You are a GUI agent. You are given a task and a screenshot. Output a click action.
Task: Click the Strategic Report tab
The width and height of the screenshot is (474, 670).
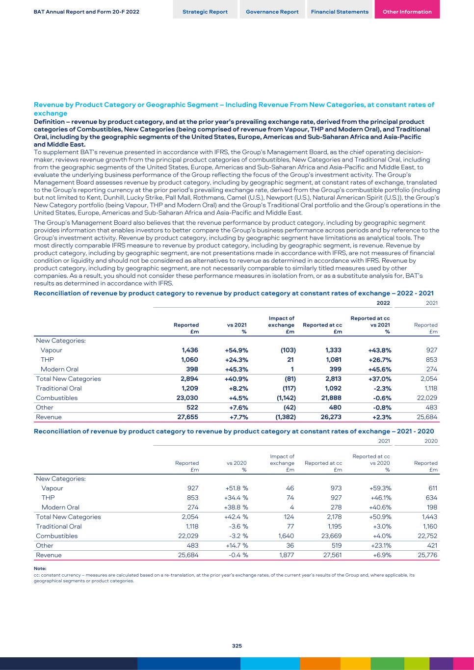205,12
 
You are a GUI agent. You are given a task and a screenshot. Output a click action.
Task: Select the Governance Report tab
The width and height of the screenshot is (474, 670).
272,12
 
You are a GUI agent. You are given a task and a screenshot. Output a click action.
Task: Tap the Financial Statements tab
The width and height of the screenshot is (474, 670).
340,12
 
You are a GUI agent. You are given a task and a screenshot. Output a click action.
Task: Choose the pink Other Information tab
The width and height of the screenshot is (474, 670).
407,12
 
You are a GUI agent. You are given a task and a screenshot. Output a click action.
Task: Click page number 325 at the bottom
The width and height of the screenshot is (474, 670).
237,646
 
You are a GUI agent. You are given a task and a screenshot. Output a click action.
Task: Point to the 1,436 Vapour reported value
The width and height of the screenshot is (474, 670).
190,350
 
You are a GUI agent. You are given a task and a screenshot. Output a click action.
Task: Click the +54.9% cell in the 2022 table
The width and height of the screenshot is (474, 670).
237,350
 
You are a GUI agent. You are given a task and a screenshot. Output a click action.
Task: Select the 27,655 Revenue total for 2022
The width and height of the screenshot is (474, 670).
187,417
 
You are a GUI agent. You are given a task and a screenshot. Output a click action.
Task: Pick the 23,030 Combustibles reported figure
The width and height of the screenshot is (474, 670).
187,398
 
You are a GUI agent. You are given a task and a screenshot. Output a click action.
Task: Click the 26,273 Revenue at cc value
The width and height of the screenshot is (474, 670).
331,417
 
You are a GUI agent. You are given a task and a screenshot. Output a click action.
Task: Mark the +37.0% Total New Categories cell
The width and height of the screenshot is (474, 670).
380,378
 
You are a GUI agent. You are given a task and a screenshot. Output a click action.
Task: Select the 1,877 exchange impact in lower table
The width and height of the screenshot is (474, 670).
286,555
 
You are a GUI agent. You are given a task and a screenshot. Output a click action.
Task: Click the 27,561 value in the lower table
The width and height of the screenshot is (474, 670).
332,555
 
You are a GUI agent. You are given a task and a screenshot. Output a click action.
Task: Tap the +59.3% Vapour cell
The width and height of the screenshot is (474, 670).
380,488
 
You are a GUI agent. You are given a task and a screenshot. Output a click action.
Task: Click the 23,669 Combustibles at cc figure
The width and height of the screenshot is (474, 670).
332,536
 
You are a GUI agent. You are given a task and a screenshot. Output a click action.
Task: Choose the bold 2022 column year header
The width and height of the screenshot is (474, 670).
383,303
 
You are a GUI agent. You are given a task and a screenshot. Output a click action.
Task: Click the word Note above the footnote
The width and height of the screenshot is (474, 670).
40,568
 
